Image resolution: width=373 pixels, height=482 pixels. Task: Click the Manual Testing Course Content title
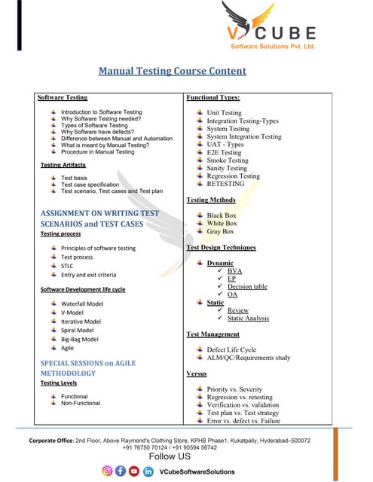[173, 72]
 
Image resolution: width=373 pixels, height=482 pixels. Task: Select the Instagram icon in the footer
[107, 471]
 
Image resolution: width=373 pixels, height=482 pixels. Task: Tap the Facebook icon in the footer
[121, 471]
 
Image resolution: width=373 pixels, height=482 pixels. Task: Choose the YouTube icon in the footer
[134, 471]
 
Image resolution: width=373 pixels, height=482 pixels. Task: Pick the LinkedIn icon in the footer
[148, 471]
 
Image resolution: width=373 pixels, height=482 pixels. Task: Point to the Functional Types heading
[212, 97]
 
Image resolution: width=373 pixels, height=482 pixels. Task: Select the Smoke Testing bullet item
[227, 160]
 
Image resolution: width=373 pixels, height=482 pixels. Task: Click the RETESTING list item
[225, 184]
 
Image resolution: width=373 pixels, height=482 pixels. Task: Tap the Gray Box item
[220, 232]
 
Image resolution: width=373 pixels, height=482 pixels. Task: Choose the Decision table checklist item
[247, 286]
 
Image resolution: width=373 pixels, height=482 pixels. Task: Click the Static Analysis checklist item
[248, 319]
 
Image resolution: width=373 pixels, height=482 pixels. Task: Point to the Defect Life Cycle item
[231, 349]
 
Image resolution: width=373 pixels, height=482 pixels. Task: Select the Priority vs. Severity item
[234, 389]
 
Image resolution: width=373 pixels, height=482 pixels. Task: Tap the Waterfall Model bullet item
[82, 304]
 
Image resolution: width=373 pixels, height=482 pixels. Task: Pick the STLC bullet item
[67, 266]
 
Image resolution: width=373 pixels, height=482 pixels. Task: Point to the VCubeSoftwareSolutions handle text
[197, 471]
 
